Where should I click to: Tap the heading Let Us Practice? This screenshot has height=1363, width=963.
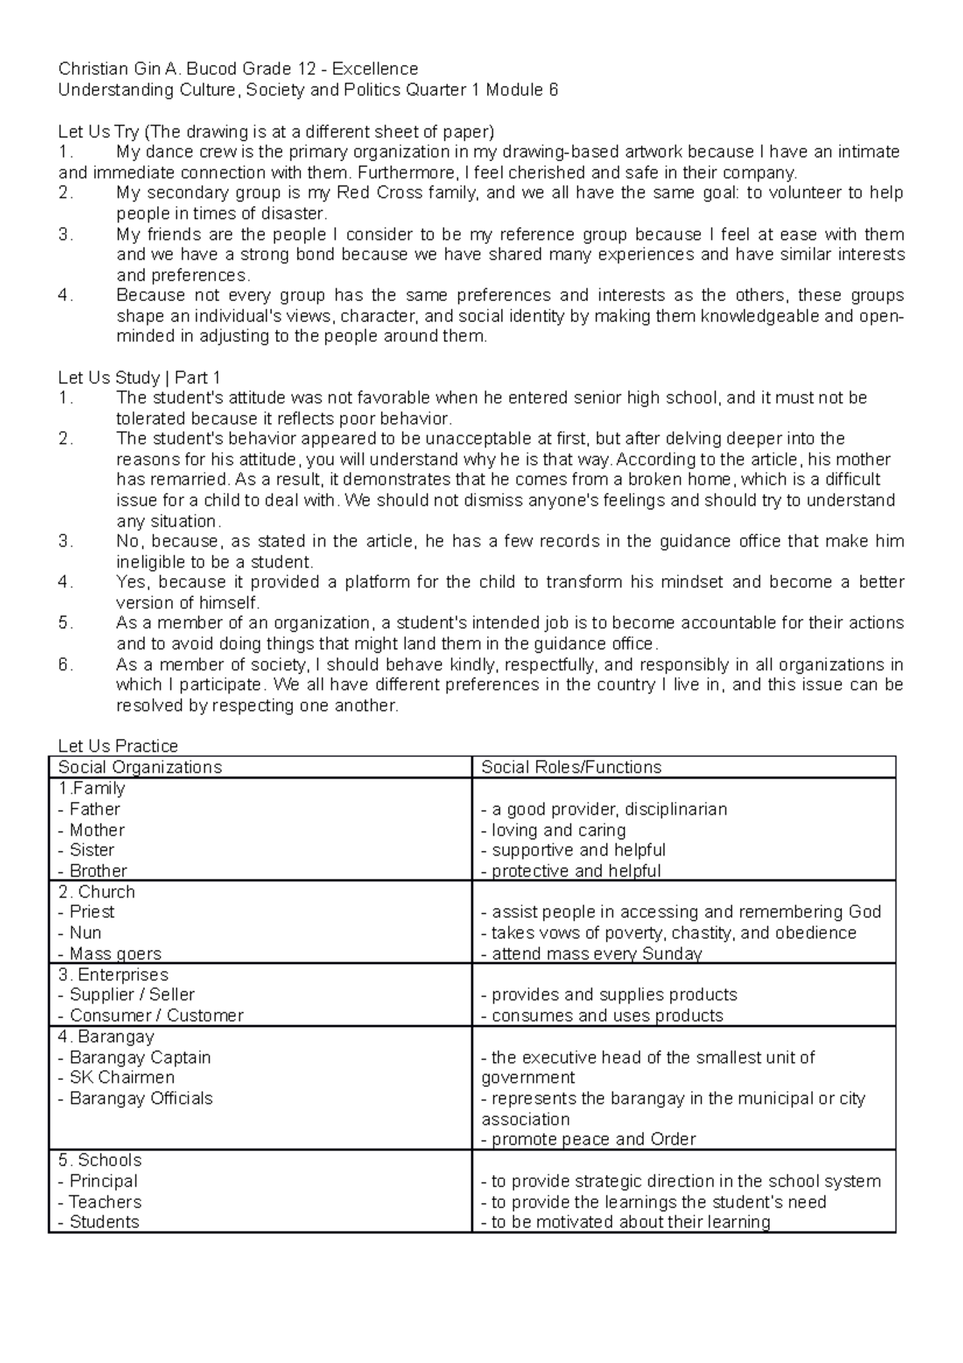[118, 747]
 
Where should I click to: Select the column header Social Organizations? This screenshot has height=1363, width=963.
[140, 767]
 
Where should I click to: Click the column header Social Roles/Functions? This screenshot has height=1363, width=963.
[571, 767]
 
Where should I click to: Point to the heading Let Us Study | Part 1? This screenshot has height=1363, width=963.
[139, 378]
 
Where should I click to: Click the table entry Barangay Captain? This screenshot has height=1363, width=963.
[140, 1057]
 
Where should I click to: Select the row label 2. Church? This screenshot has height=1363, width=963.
[96, 892]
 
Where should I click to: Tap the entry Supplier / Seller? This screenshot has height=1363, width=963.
[132, 995]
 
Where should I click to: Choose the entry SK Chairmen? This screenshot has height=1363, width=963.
[121, 1077]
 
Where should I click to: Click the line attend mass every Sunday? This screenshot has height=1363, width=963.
[591, 954]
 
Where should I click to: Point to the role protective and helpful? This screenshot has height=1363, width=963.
[571, 871]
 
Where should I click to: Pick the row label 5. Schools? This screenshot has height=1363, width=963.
[100, 1160]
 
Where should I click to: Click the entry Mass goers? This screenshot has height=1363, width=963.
[115, 954]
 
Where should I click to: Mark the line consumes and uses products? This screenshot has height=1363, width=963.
[602, 1015]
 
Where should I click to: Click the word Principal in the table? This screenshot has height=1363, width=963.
[103, 1181]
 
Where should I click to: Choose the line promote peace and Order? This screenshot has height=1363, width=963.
[588, 1139]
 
